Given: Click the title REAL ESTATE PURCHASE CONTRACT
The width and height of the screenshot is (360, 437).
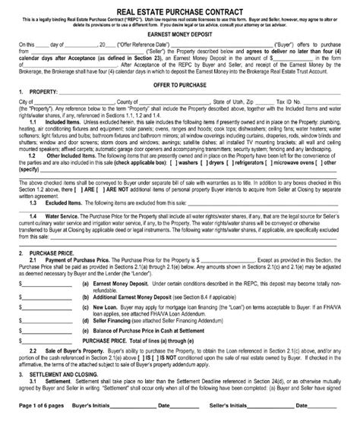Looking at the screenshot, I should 180,7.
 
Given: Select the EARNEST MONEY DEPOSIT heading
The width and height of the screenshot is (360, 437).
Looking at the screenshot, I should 180,34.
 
